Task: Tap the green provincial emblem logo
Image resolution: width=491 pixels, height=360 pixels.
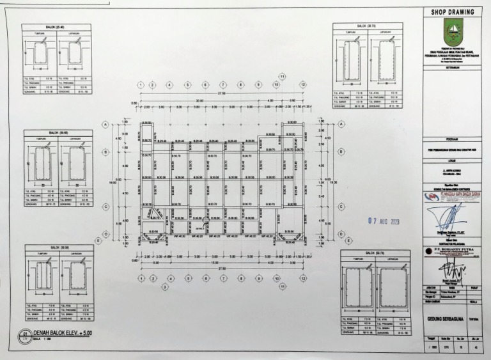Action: click(x=453, y=31)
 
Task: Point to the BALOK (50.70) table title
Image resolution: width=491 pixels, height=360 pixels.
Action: click(x=374, y=253)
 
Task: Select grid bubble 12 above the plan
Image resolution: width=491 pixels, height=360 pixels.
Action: click(x=302, y=84)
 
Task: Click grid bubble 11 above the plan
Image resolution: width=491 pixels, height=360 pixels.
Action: click(x=282, y=76)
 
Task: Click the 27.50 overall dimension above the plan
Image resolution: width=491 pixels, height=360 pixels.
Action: click(x=221, y=94)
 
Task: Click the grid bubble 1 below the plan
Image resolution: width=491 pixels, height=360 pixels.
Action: click(x=141, y=279)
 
